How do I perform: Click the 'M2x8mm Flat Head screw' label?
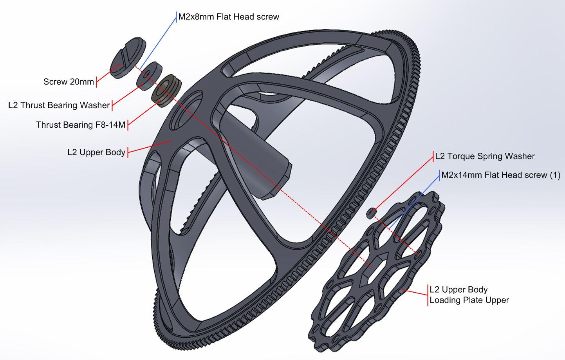coord(229,17)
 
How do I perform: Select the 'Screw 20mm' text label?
coord(69,82)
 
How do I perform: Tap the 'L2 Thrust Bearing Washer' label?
coord(59,105)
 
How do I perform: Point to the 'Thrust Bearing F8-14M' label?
coord(81,125)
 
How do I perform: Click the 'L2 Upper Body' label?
coord(96,152)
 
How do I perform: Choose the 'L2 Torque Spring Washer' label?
coord(485,156)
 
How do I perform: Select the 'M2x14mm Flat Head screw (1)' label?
coord(500,175)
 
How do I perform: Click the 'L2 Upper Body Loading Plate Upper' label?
coord(469,295)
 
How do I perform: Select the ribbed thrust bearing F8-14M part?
coord(167,90)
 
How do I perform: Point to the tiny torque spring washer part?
coord(371,213)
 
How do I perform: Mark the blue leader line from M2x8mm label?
coord(159,43)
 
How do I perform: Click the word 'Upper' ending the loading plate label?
coord(497,300)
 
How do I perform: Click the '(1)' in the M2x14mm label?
coord(555,175)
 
